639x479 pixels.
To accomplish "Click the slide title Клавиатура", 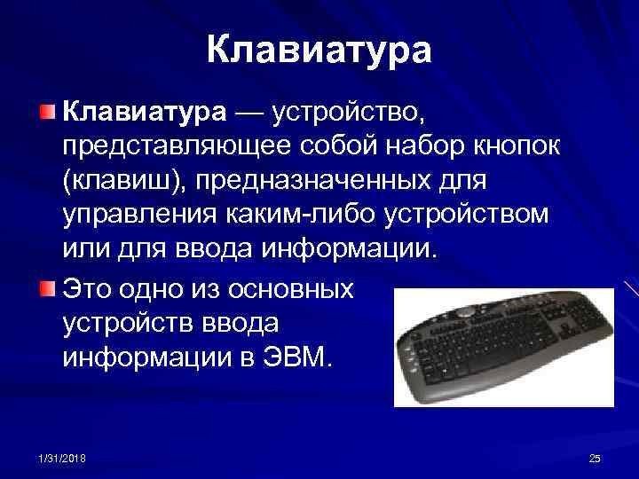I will click(319, 51).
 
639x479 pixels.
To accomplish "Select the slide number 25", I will click(595, 458).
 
